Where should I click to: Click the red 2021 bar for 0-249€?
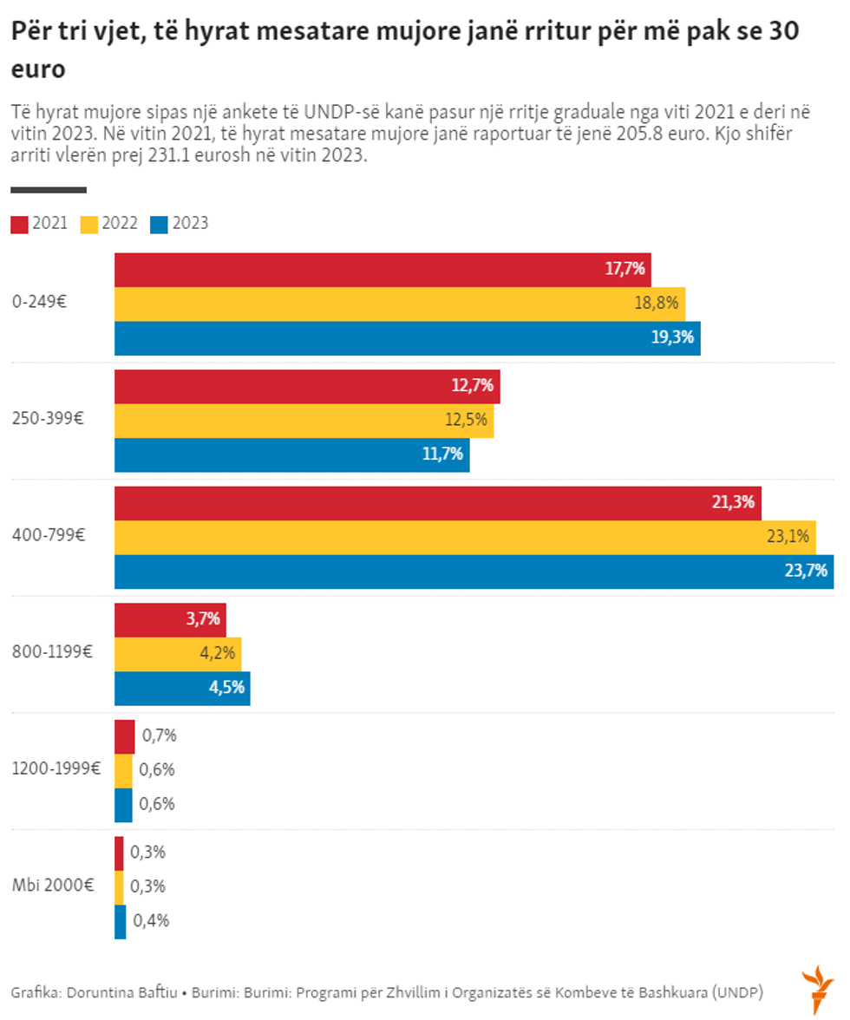(382, 270)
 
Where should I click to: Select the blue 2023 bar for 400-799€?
(474, 572)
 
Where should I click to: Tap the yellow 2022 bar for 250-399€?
(304, 421)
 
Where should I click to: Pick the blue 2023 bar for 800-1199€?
(182, 689)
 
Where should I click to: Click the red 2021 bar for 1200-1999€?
(125, 736)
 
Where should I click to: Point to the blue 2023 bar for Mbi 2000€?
(121, 922)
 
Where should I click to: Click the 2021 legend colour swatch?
(20, 224)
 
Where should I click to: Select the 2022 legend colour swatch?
(89, 224)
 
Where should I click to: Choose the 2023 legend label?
(190, 224)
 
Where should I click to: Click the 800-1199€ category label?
(51, 651)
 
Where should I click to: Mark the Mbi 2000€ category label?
(52, 886)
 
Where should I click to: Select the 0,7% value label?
(160, 736)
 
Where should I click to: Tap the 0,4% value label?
(151, 921)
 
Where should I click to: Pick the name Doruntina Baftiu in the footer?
(122, 991)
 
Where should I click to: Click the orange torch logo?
(817, 988)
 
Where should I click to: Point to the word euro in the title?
(38, 69)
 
